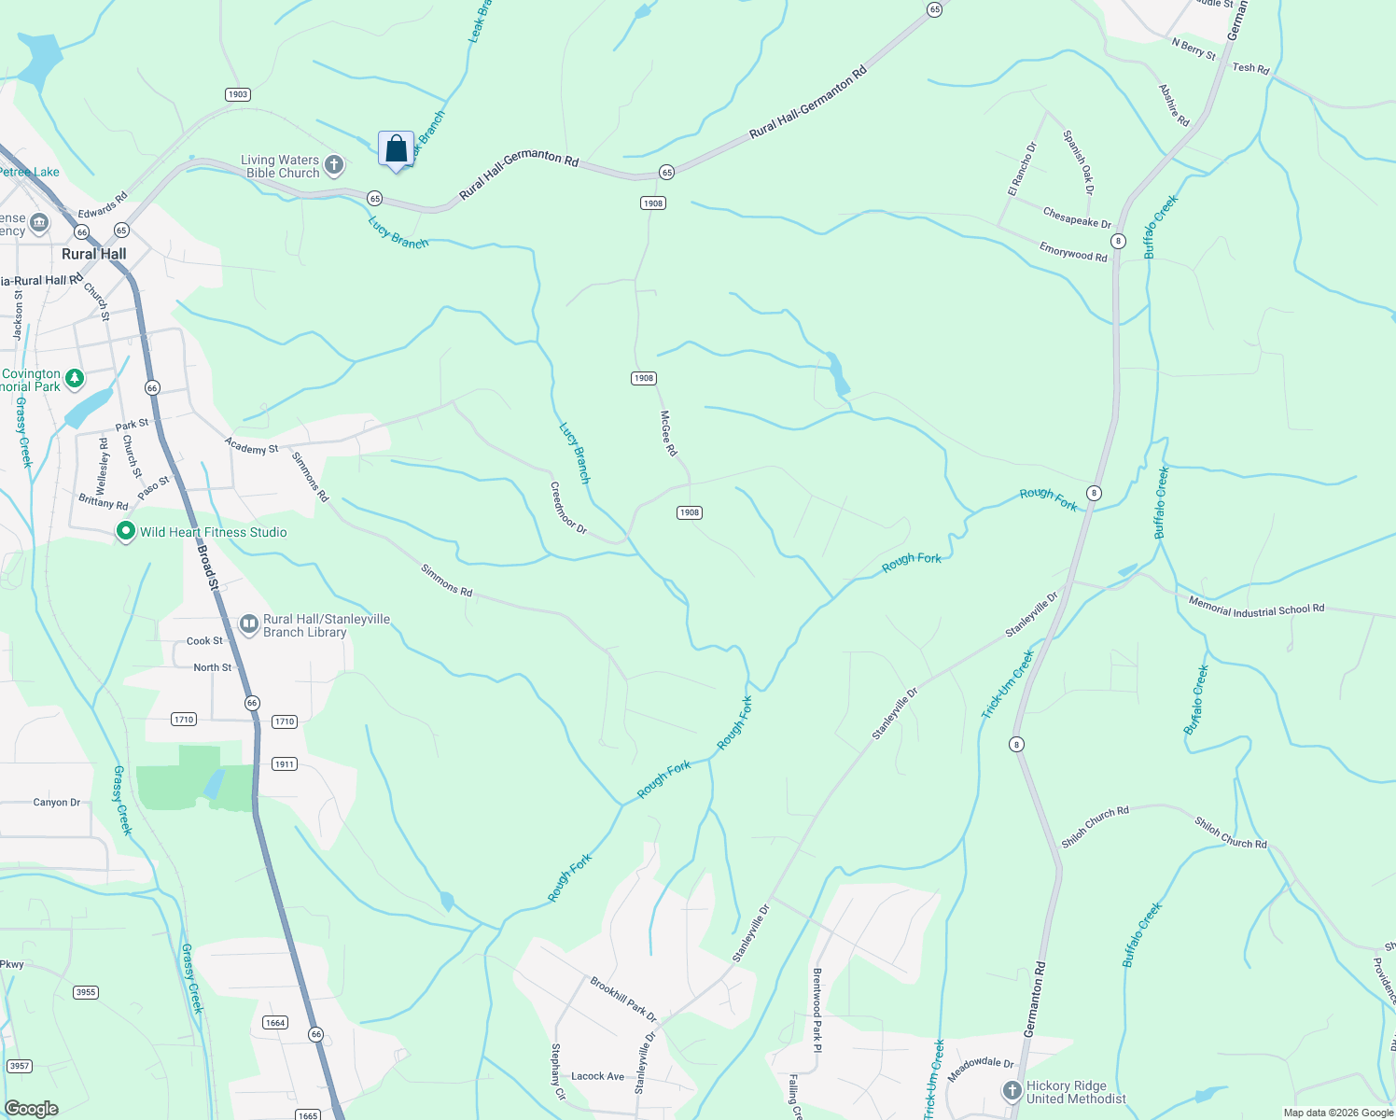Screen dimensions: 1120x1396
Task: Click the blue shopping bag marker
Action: click(x=396, y=149)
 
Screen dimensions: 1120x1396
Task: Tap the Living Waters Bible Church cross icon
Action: click(x=334, y=166)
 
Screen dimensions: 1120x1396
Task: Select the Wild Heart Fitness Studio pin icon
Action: click(x=125, y=532)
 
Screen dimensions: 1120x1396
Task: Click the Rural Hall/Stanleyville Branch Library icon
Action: click(x=248, y=624)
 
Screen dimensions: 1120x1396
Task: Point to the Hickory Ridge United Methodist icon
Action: click(x=1012, y=1091)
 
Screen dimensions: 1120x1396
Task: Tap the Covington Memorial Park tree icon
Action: click(x=75, y=379)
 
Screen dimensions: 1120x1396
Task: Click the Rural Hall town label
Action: click(x=93, y=254)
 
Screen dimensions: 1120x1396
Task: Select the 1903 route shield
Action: click(x=238, y=94)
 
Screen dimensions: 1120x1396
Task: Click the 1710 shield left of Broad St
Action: click(x=184, y=719)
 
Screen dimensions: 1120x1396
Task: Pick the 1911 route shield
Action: click(x=285, y=763)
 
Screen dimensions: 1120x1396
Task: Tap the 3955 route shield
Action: click(x=86, y=992)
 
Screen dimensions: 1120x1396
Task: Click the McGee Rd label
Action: click(x=668, y=433)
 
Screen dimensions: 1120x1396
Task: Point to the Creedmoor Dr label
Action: click(x=568, y=509)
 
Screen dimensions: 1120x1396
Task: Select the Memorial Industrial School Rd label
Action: click(x=1256, y=609)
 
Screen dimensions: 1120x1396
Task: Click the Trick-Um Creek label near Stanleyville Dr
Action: click(x=1008, y=685)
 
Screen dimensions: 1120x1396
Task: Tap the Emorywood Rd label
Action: click(x=1073, y=251)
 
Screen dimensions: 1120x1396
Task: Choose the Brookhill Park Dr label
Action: click(x=623, y=1000)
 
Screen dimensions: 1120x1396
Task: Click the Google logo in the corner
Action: click(x=31, y=1109)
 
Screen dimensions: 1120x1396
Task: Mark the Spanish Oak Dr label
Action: click(x=1078, y=161)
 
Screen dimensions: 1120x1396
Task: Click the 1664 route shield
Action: click(x=274, y=1022)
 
